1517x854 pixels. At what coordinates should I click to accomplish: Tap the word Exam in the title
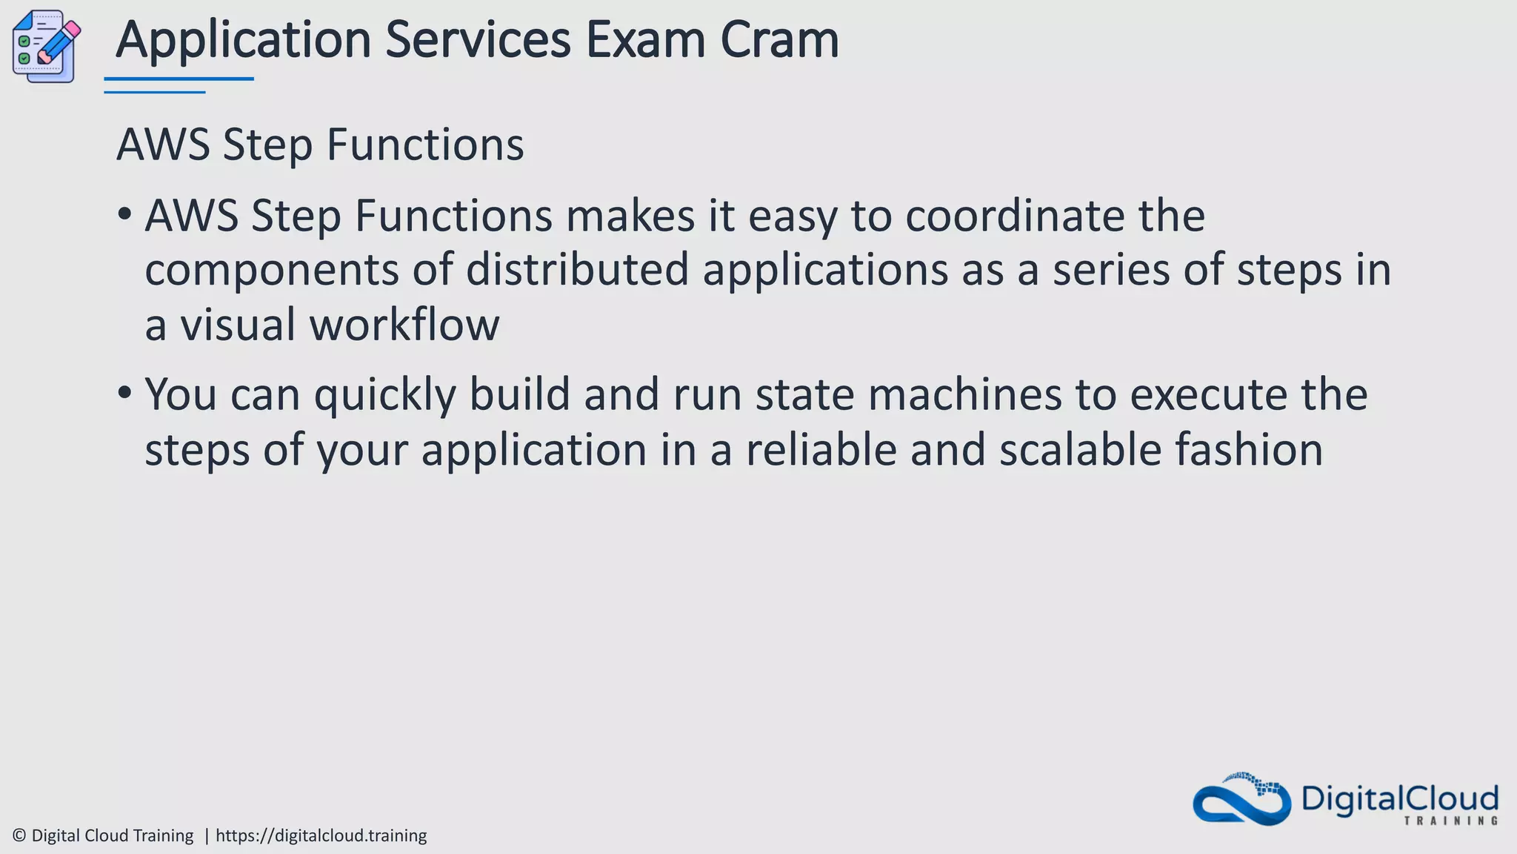(645, 40)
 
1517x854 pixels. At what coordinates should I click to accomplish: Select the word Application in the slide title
(243, 40)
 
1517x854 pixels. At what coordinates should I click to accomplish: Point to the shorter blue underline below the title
(154, 92)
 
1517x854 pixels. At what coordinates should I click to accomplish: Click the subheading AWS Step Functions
(320, 145)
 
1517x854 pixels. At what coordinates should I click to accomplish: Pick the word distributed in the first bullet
(577, 270)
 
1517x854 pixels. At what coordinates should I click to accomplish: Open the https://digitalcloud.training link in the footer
(321, 835)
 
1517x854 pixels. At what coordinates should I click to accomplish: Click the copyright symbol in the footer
(20, 835)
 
